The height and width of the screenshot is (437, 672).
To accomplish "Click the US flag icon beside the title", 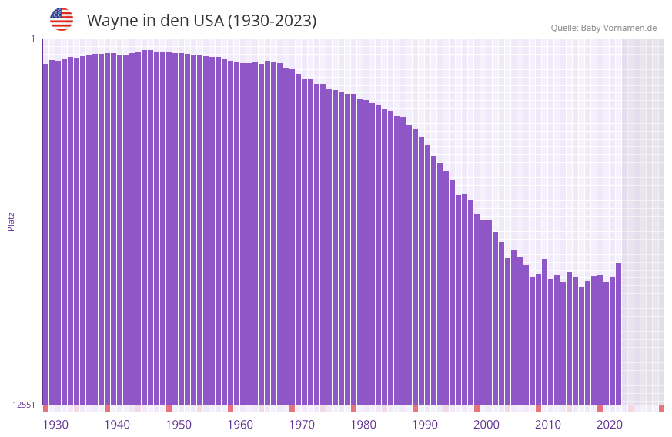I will coord(62,19).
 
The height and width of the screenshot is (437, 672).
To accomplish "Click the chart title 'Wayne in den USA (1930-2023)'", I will coord(202,21).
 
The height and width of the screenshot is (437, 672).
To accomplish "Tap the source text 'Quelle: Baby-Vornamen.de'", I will coord(603,28).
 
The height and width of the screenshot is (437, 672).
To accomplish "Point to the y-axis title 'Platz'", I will coord(11,221).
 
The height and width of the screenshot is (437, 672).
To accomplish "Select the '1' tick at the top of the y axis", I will coord(33,39).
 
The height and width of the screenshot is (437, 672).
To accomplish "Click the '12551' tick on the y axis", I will coord(24,405).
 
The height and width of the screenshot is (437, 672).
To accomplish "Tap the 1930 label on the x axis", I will coord(55,425).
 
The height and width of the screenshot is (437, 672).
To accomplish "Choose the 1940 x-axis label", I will coord(117,425).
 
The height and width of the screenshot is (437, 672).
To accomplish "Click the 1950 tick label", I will coord(179,425).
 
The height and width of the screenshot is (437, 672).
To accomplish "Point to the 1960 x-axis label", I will coord(240,425).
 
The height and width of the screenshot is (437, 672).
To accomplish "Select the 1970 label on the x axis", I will coord(302,425).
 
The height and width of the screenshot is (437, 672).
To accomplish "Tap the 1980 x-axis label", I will coord(363,425).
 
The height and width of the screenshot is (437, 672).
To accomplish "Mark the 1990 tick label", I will coord(425,425).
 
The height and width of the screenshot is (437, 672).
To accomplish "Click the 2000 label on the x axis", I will coord(486,425).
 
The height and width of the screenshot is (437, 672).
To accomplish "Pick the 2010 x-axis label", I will coord(548,425).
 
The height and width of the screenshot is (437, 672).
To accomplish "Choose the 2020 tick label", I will coord(610,425).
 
